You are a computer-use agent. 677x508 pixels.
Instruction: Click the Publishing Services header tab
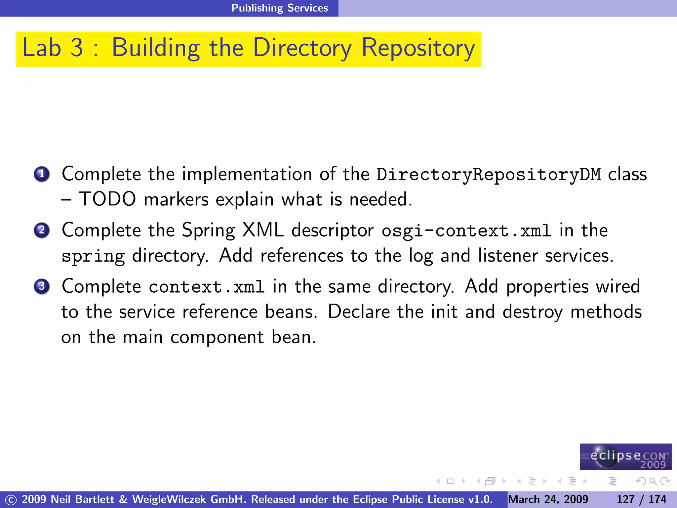click(x=279, y=8)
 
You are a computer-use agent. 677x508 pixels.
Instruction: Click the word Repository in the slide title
click(x=418, y=48)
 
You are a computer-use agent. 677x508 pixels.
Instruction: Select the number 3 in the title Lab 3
click(x=77, y=48)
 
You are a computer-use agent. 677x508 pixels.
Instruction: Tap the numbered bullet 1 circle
click(x=42, y=174)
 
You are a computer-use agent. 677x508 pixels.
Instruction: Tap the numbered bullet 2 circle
click(x=42, y=230)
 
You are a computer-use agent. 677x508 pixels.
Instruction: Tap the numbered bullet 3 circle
click(x=42, y=286)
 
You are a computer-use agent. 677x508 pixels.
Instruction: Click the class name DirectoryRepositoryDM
click(x=489, y=175)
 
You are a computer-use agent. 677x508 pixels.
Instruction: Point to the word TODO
click(x=107, y=199)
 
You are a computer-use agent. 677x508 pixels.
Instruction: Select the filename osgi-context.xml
click(x=466, y=231)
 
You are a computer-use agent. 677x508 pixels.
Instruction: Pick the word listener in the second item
click(x=508, y=256)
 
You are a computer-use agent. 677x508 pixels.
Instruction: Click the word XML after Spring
click(x=263, y=230)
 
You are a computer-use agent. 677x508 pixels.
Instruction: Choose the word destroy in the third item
click(x=533, y=312)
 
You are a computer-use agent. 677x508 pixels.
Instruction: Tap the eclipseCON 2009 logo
click(x=625, y=457)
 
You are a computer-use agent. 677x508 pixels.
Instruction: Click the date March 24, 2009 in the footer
click(x=548, y=499)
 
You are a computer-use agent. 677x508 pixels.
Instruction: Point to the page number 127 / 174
click(x=641, y=499)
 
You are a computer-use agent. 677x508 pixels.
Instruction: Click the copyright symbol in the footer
click(x=11, y=500)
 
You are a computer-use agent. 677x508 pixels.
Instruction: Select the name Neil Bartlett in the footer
click(x=82, y=499)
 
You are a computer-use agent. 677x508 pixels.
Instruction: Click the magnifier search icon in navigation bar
click(x=653, y=481)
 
